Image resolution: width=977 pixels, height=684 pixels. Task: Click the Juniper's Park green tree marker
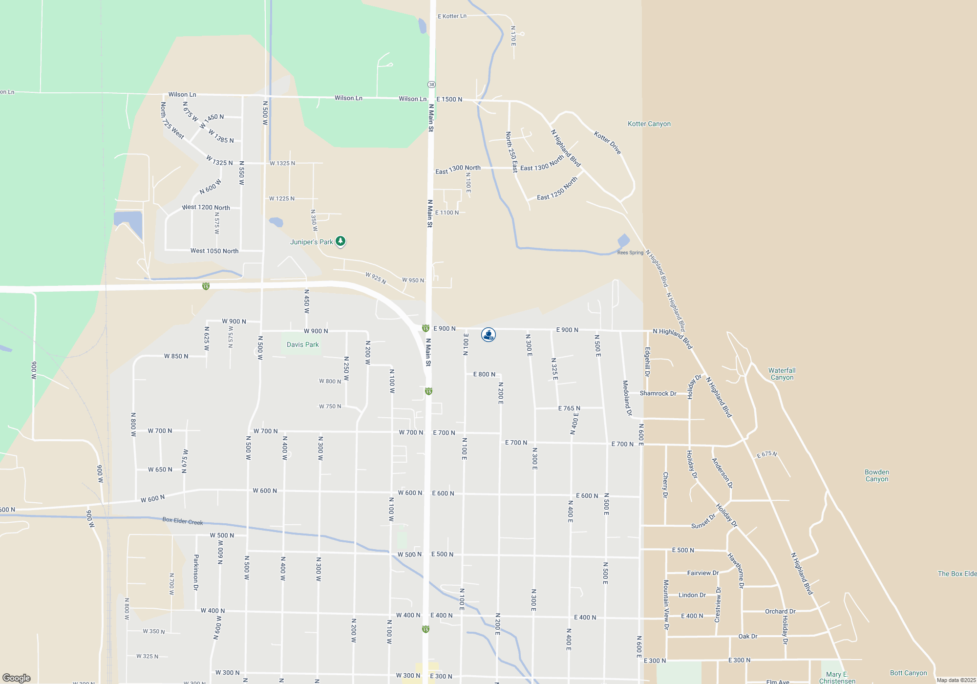coord(340,241)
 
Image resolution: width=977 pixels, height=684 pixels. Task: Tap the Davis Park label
coord(302,344)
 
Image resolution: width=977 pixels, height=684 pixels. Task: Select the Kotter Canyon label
coord(649,124)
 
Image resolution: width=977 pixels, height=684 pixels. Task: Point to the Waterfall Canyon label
coord(782,374)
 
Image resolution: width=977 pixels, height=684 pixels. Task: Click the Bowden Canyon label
coord(877,475)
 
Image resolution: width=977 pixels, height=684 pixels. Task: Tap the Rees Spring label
coord(630,253)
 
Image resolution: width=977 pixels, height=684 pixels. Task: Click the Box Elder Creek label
coord(183,521)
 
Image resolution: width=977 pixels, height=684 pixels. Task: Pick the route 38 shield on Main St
coord(431,85)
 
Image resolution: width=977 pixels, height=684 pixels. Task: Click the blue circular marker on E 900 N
coord(488,335)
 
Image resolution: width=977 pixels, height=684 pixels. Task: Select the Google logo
coord(17,678)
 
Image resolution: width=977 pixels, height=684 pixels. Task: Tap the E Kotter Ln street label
coord(452,16)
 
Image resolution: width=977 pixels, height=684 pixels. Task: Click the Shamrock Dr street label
coord(658,393)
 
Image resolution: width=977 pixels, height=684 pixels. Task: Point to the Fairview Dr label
coord(702,573)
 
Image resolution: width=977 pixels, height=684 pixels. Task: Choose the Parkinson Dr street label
coord(196,572)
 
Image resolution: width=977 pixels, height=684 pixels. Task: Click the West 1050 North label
coord(214,251)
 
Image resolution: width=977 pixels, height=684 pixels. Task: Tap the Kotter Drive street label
coord(607,143)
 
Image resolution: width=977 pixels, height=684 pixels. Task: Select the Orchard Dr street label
coord(780,611)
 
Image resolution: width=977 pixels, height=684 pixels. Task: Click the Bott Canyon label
coord(908,673)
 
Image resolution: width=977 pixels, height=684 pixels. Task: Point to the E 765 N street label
coord(569,408)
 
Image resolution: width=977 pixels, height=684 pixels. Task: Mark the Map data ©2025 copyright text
coord(956,680)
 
